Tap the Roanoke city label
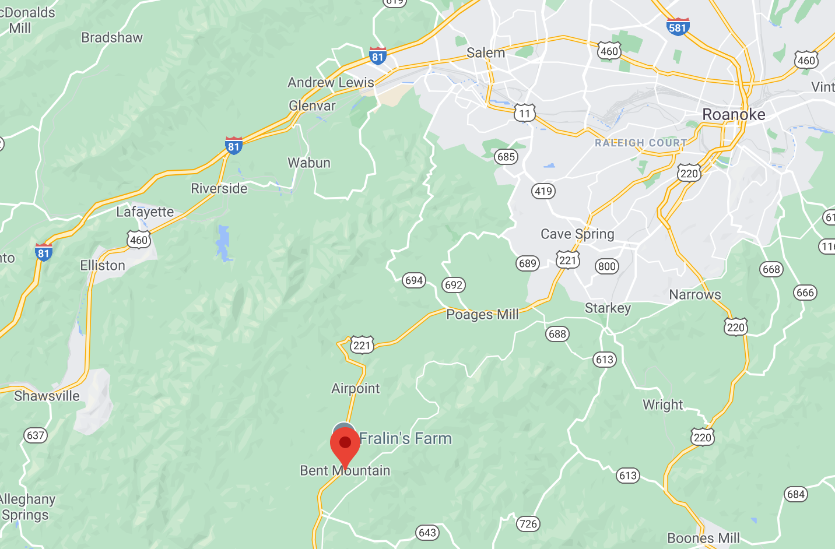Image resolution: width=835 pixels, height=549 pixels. click(x=734, y=114)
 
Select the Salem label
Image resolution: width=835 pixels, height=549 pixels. click(x=485, y=53)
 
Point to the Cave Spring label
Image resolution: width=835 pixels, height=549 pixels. click(x=577, y=234)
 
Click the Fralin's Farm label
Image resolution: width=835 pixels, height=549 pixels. click(x=405, y=438)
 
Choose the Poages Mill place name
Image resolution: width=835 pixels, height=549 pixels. click(x=482, y=315)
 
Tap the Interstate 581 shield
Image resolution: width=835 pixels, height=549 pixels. click(x=678, y=27)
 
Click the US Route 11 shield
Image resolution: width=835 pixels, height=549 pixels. click(x=525, y=113)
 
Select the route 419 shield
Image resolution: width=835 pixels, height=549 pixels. click(x=543, y=191)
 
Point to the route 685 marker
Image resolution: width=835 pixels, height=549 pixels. click(x=506, y=156)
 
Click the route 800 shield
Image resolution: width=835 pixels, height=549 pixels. click(x=606, y=266)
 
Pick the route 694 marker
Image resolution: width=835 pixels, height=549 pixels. click(x=413, y=280)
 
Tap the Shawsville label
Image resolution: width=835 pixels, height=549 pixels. click(x=47, y=396)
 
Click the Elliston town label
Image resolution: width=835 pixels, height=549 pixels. click(x=103, y=266)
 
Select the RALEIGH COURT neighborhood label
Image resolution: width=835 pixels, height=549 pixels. click(x=641, y=143)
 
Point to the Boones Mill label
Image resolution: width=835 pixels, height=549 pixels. click(x=703, y=538)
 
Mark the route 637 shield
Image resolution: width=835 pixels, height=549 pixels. click(x=36, y=435)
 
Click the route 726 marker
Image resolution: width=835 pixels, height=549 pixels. click(x=528, y=524)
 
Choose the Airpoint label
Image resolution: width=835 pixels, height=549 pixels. click(x=355, y=389)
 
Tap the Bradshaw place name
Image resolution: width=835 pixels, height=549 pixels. click(x=112, y=38)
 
